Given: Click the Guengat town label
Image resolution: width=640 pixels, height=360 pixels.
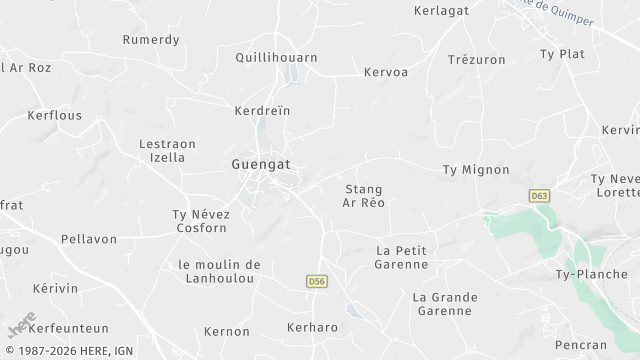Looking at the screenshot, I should point(261,162).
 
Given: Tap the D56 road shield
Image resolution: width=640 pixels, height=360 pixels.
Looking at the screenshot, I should point(317,283).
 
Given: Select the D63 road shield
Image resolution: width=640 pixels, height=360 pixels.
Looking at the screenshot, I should point(540,196).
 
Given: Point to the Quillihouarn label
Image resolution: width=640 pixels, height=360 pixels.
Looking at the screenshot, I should point(276,57).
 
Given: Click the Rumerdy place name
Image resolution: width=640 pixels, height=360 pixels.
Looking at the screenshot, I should point(150,40).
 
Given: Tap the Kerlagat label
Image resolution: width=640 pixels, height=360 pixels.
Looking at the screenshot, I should point(441,10).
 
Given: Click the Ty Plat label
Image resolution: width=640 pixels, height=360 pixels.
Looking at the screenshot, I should point(561,53).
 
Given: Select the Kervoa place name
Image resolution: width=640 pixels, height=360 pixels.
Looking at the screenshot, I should point(386,73).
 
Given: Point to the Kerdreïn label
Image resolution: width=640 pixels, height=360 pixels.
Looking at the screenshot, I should point(261,111).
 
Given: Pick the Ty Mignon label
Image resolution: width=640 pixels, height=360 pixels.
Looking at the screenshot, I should point(476,170).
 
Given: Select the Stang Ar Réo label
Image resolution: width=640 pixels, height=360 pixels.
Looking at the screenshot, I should point(364,195).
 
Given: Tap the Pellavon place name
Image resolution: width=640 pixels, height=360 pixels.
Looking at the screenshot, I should point(88,240).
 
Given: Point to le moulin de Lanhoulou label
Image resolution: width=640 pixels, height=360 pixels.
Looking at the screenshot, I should point(219,271).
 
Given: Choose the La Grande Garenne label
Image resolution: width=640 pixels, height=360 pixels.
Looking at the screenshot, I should point(445,304).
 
